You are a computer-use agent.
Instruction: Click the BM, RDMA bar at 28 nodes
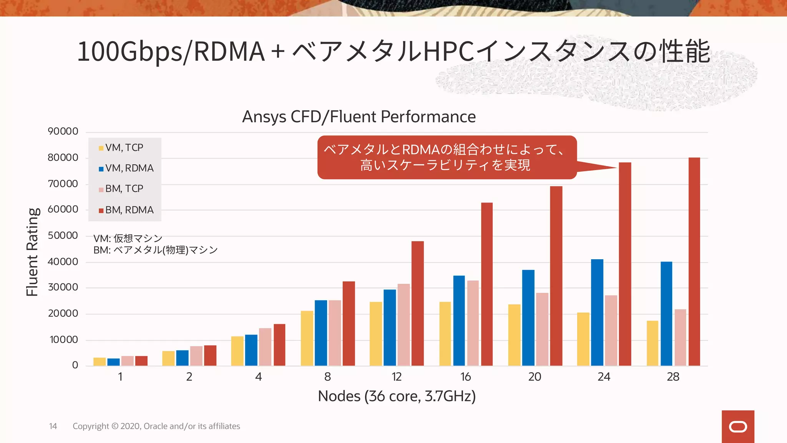[694, 261]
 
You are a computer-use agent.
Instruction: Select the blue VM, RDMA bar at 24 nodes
[597, 312]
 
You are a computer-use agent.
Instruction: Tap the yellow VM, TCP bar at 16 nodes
[445, 334]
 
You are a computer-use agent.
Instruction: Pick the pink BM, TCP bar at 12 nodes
[403, 325]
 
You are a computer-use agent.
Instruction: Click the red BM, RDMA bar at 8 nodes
[349, 323]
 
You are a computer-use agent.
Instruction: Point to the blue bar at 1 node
[113, 362]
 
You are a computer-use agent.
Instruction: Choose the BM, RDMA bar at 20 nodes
[556, 276]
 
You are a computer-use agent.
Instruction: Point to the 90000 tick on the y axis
[63, 132]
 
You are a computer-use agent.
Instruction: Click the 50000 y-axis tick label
[63, 235]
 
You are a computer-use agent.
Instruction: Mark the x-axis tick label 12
[397, 377]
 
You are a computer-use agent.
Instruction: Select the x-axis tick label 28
[673, 377]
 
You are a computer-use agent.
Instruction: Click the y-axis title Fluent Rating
[33, 252]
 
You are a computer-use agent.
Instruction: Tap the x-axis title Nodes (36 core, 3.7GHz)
[397, 396]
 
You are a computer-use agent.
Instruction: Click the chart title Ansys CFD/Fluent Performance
[359, 117]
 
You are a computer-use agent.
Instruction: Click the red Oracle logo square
[738, 426]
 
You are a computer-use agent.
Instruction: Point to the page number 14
[53, 426]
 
